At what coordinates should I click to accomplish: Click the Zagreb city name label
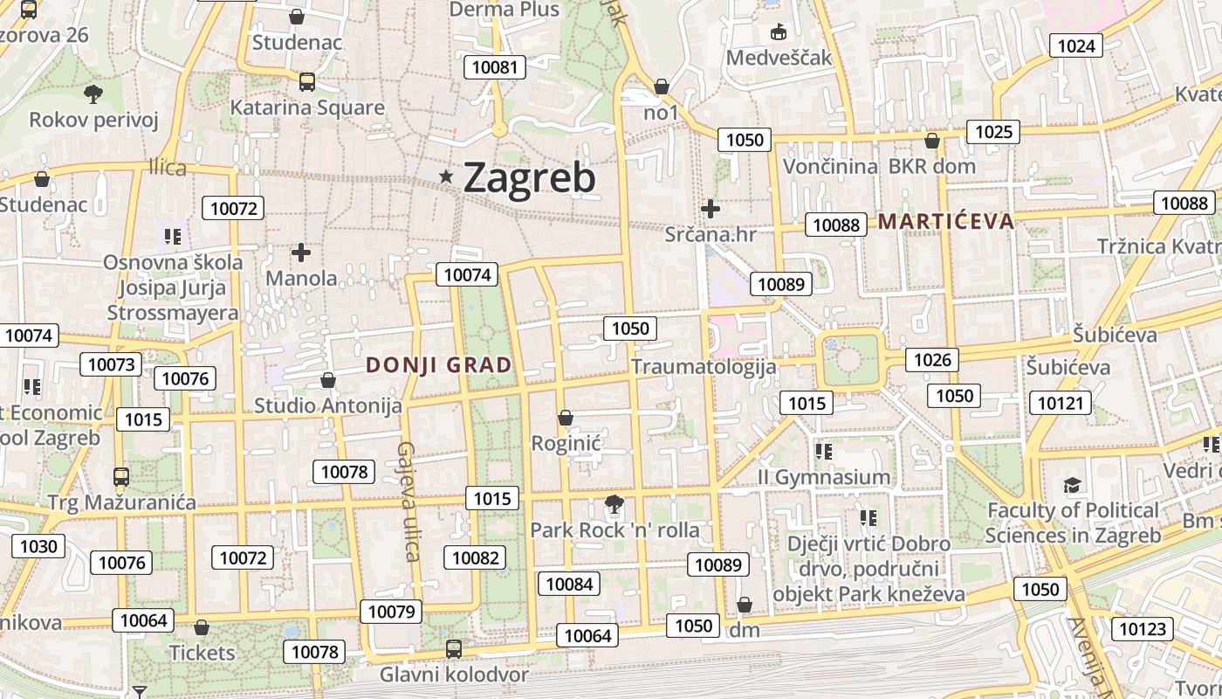529,177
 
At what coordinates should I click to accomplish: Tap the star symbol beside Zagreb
447,177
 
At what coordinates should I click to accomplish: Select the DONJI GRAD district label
438,365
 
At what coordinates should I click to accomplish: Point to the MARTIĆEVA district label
946,221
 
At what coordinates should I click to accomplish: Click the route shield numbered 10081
495,67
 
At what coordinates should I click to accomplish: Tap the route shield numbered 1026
931,359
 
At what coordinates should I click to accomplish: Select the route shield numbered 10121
1061,403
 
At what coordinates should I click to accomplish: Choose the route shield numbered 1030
38,547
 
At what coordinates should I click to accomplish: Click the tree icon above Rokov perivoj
93,93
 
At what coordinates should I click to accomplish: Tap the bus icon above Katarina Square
306,82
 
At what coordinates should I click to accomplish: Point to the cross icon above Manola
301,253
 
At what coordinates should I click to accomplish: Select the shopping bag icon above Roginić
566,418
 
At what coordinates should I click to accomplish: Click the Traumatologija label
704,366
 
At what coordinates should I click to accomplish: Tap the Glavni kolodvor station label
454,675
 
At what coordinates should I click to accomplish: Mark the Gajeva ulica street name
408,501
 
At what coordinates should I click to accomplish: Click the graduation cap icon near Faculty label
1072,485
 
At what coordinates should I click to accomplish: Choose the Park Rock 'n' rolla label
614,530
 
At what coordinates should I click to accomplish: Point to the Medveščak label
779,58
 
